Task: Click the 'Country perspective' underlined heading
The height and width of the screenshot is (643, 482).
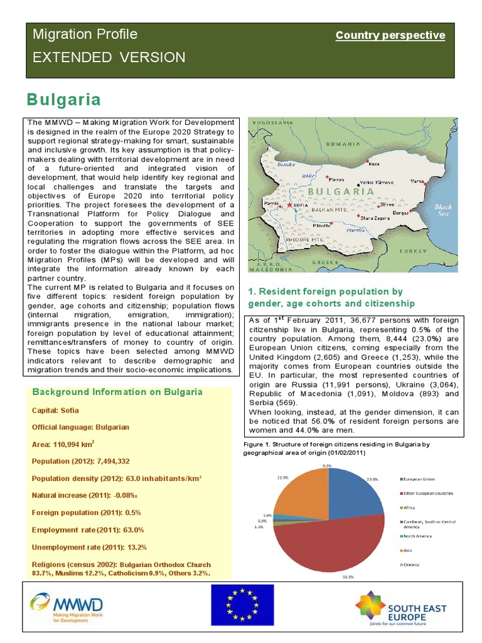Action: coord(390,36)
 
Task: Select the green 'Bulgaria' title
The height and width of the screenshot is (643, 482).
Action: coord(63,100)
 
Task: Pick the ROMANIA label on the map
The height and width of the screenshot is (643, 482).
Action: coord(342,143)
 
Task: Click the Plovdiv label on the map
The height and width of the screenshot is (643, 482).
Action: coord(321,225)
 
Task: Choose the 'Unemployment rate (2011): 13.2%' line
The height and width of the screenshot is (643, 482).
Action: coord(88,547)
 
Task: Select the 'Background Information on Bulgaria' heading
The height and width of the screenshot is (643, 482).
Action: coord(117,392)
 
